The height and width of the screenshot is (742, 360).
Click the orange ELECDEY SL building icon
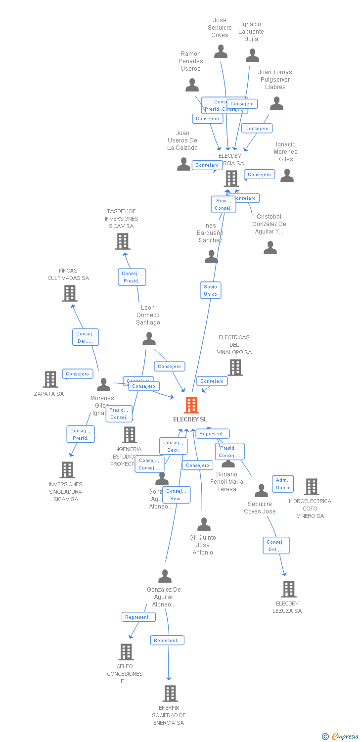(x=191, y=405)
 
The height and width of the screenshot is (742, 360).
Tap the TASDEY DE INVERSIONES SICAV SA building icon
(x=122, y=241)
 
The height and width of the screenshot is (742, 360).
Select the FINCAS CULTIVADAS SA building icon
(x=70, y=293)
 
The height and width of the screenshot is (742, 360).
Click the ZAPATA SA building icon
(x=50, y=379)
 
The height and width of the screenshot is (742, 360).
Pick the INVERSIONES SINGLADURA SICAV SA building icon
(x=67, y=470)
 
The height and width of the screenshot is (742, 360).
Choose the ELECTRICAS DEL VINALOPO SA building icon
(x=235, y=368)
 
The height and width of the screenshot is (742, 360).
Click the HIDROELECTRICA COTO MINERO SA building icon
(x=311, y=487)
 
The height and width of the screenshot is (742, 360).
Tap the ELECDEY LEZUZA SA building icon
(x=288, y=589)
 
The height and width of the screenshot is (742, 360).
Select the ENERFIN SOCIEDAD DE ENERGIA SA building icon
(x=170, y=694)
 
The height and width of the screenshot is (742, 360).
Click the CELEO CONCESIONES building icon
(x=126, y=652)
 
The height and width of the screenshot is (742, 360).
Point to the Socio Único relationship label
(x=210, y=290)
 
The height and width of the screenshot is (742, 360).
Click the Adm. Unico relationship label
(x=282, y=484)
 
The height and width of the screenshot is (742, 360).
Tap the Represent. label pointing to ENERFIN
(x=167, y=640)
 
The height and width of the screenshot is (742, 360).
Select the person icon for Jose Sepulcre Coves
(x=221, y=51)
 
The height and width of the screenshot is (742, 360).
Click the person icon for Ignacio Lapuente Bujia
(x=252, y=55)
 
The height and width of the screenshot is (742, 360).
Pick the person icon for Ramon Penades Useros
(x=192, y=85)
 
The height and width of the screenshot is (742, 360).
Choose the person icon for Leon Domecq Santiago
(x=149, y=339)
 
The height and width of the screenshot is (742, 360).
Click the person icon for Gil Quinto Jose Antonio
(x=204, y=524)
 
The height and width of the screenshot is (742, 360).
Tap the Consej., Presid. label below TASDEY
(x=132, y=277)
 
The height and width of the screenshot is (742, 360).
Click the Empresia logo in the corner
(x=341, y=737)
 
